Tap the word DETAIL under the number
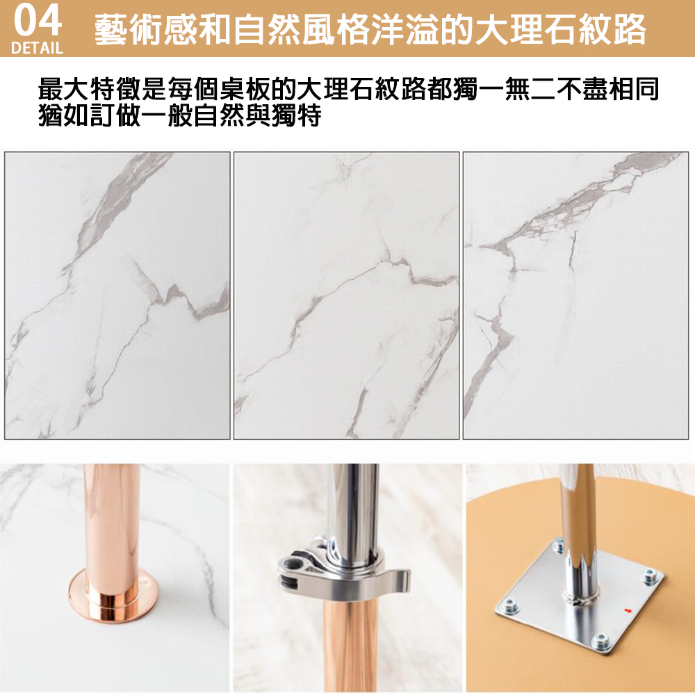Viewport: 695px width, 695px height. click(37, 48)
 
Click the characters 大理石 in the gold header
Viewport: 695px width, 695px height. click(525, 30)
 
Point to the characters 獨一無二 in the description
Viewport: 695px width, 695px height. click(505, 88)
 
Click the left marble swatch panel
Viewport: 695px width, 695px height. click(117, 295)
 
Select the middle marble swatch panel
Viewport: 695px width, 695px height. click(347, 295)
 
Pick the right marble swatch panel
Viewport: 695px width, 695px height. click(575, 295)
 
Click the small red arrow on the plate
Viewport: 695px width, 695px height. click(628, 611)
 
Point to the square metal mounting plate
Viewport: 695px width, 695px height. click(580, 597)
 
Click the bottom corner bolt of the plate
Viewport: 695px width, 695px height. click(601, 641)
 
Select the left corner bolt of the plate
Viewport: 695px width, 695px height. click(510, 605)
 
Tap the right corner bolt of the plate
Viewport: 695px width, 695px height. click(650, 575)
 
